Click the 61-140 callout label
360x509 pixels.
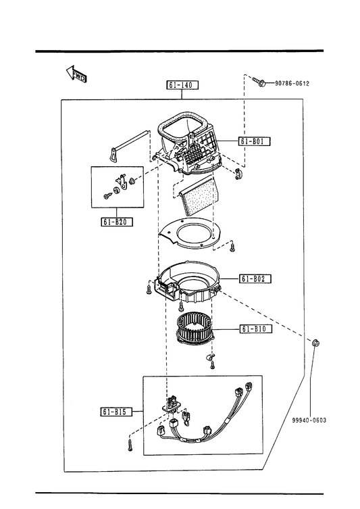point(182,85)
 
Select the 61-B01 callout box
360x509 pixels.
point(255,141)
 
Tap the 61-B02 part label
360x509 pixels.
point(255,278)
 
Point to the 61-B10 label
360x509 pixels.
point(255,329)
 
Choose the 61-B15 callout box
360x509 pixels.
point(116,412)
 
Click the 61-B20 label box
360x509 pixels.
point(116,222)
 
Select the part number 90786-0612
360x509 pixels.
point(292,83)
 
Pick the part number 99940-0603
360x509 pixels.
point(309,420)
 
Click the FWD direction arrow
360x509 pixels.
point(76,74)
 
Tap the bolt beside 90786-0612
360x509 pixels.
point(259,82)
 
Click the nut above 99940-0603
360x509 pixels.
point(315,343)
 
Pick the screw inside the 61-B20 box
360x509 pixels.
point(107,195)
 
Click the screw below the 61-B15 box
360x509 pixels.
point(130,445)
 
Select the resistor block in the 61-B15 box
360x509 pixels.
point(172,404)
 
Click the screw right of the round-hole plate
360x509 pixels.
point(232,247)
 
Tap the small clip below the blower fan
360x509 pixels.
point(209,358)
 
